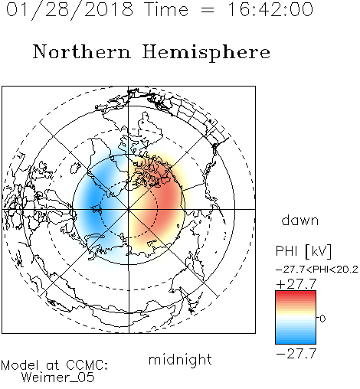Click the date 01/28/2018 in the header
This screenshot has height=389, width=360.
pyautogui.click(x=70, y=10)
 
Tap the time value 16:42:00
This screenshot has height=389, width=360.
pyautogui.click(x=270, y=10)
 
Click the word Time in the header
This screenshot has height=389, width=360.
pyautogui.click(x=166, y=10)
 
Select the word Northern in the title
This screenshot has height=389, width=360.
pyautogui.click(x=81, y=51)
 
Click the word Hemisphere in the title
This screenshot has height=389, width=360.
pyautogui.click(x=206, y=53)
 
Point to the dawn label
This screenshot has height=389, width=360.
pyautogui.click(x=300, y=220)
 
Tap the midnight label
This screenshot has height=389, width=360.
pyautogui.click(x=180, y=360)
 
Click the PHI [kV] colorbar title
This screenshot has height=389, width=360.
pyautogui.click(x=303, y=251)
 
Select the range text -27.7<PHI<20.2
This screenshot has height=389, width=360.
pyautogui.click(x=317, y=270)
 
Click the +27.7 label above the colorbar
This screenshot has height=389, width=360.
pyautogui.click(x=296, y=284)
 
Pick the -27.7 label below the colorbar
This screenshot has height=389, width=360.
pyautogui.click(x=296, y=354)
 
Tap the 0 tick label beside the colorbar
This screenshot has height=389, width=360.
pyautogui.click(x=322, y=319)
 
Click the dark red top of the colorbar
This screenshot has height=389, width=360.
pyautogui.click(x=296, y=293)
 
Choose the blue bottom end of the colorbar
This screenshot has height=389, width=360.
pyautogui.click(x=296, y=342)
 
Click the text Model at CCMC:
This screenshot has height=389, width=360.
pyautogui.click(x=54, y=365)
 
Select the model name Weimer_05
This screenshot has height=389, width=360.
pyautogui.click(x=58, y=378)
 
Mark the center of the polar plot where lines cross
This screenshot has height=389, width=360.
pyautogui.click(x=129, y=209)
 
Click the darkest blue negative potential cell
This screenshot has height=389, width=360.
pyautogui.click(x=94, y=204)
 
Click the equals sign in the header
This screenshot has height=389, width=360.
pyautogui.click(x=208, y=10)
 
